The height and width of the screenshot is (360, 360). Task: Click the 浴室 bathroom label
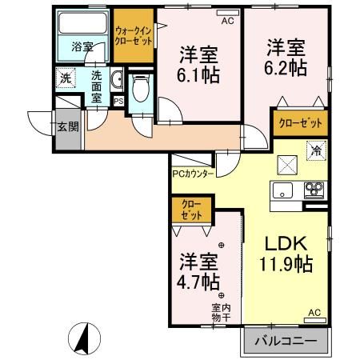click(x=82, y=47)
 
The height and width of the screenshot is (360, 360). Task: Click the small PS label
click(x=118, y=102)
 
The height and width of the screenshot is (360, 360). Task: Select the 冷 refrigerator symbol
click(x=316, y=150)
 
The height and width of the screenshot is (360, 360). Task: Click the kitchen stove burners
click(x=312, y=190)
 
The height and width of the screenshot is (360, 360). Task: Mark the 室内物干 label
click(x=222, y=312)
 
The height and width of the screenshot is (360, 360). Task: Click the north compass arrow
click(x=82, y=339)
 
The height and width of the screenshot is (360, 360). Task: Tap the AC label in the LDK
click(x=314, y=313)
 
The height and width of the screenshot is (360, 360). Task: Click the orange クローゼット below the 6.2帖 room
click(x=301, y=123)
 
